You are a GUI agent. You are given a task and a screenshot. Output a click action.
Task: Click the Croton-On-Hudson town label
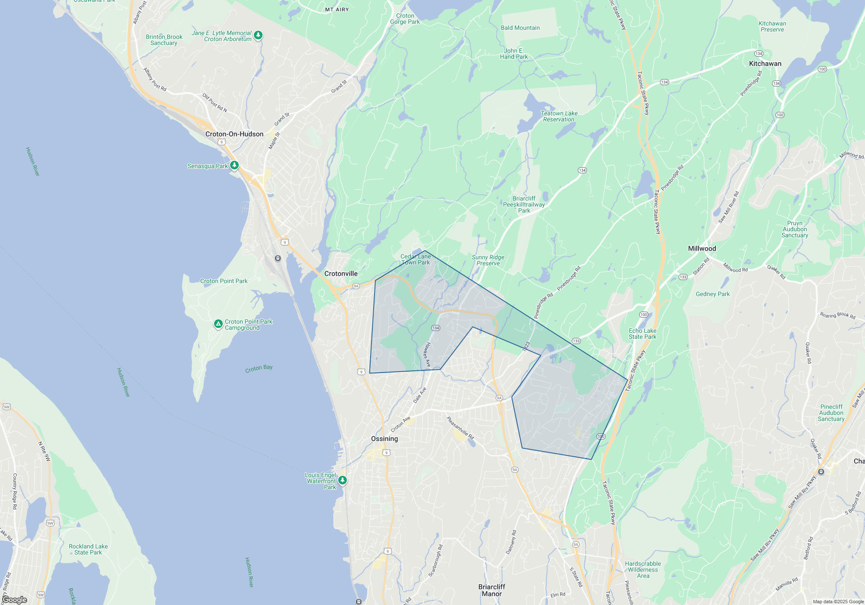click(234, 134)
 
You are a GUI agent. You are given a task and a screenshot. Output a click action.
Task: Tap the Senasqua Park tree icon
click(234, 166)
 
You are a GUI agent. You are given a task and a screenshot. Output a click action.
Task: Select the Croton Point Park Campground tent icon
click(218, 324)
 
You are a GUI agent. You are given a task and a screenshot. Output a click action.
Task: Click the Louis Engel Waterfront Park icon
click(343, 480)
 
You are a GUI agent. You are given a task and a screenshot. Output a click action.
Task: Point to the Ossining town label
click(384, 439)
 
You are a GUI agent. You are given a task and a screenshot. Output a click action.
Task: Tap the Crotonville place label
click(341, 274)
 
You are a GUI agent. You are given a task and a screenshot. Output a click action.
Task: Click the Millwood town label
click(702, 248)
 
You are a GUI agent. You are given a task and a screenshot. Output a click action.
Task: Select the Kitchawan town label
click(765, 64)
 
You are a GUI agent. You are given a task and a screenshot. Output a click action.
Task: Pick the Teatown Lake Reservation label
click(559, 116)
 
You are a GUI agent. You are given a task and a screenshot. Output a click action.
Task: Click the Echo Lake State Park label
click(642, 334)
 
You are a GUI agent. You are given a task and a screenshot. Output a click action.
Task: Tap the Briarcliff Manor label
click(492, 590)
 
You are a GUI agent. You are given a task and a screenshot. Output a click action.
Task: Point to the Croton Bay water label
click(259, 368)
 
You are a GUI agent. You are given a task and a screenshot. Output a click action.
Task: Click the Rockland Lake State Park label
click(88, 549)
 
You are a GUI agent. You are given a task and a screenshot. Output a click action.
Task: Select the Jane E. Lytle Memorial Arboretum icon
click(258, 35)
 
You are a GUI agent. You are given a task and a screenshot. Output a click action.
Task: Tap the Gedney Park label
click(712, 294)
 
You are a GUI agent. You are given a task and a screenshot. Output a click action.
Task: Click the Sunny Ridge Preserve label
click(488, 260)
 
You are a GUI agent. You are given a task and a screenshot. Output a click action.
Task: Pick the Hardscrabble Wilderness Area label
click(643, 570)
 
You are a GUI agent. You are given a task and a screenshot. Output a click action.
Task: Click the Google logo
click(15, 600)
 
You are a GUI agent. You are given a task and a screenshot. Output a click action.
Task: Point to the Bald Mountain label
click(520, 28)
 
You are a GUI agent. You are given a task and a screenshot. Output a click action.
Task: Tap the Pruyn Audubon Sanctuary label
click(795, 229)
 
